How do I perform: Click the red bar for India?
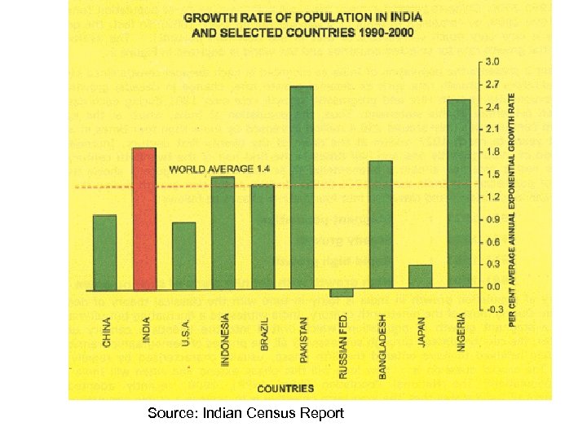click(x=144, y=218)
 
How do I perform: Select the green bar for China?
click(x=104, y=252)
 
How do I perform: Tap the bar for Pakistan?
click(x=302, y=187)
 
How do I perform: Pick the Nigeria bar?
click(x=458, y=194)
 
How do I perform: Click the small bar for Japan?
click(x=420, y=276)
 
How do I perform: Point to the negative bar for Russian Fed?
click(x=342, y=292)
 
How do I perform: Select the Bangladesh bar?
click(x=381, y=224)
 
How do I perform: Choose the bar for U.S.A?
click(x=183, y=255)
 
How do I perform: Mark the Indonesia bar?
click(x=223, y=232)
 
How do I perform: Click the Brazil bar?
click(x=263, y=236)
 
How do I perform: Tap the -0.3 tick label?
click(x=493, y=310)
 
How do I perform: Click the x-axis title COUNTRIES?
click(x=286, y=388)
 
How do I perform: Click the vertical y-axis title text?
click(x=513, y=209)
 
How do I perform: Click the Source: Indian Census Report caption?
click(x=245, y=413)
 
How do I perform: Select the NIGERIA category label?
click(x=461, y=332)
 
